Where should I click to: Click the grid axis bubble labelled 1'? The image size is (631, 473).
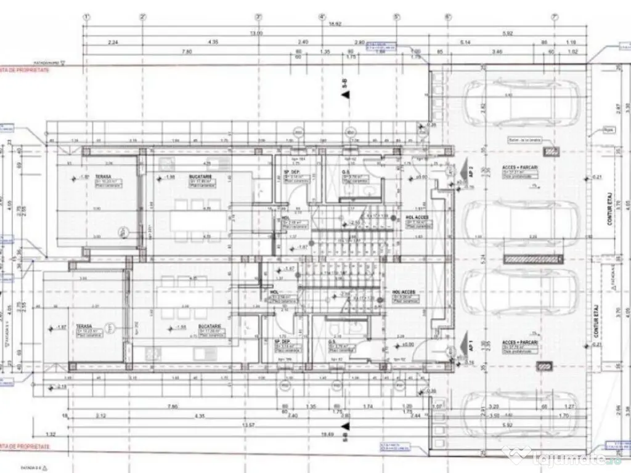(x=87, y=17)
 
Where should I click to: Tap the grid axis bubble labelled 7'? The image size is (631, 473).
(x=554, y=17)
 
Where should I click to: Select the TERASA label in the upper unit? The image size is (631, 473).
(x=94, y=176)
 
